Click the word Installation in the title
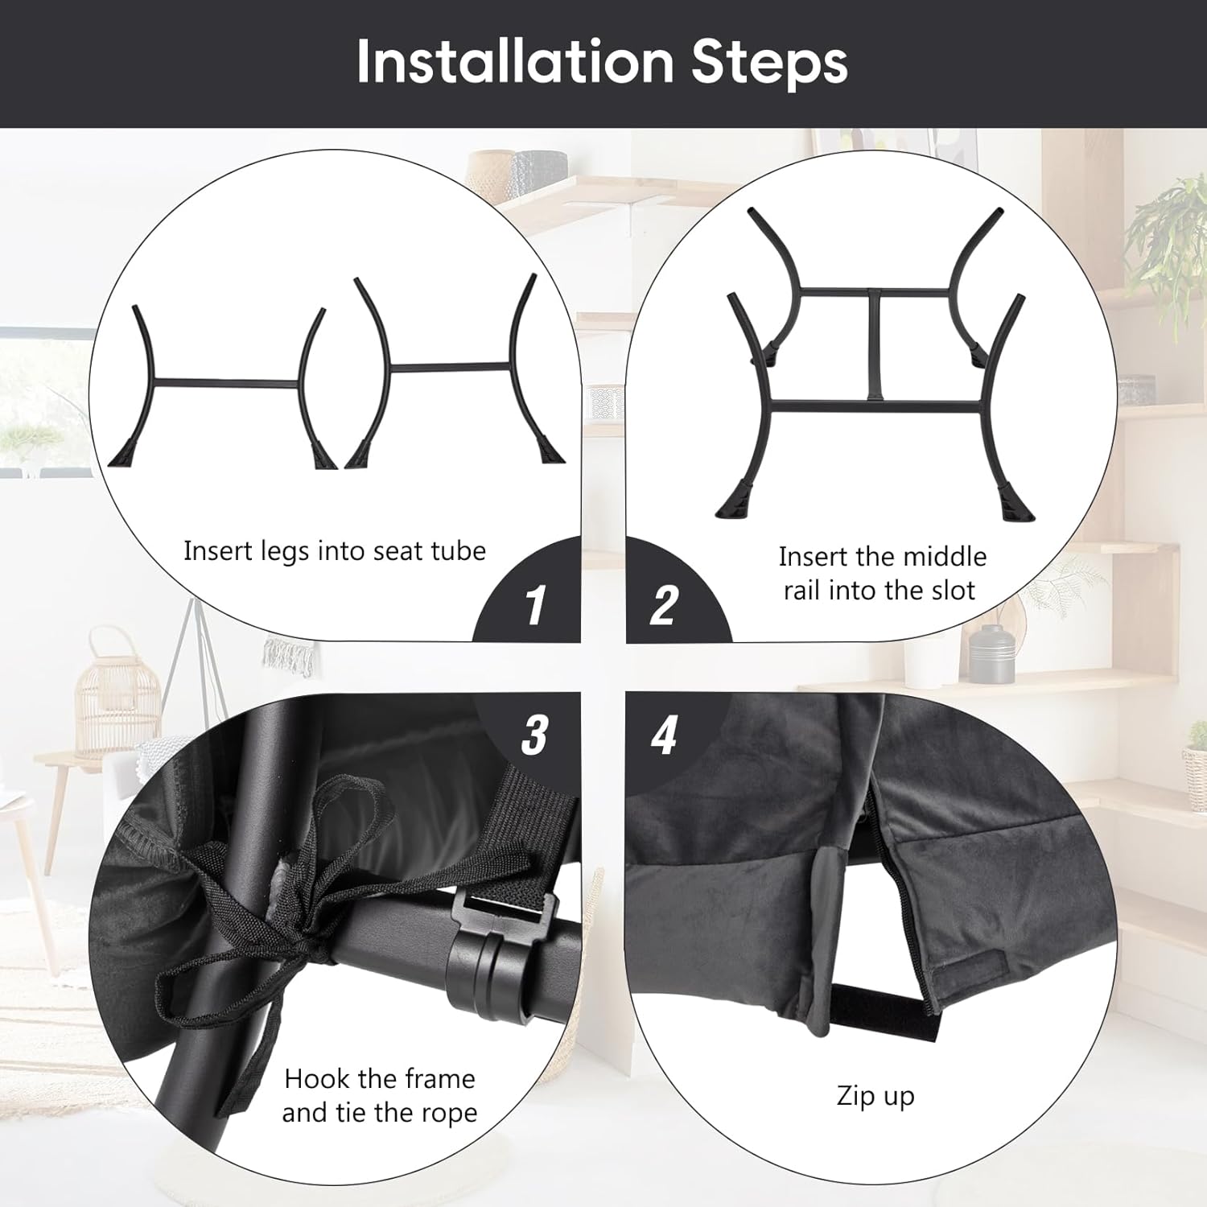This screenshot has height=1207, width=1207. [515, 62]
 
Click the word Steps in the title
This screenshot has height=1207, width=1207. [769, 62]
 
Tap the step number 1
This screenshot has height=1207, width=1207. [535, 605]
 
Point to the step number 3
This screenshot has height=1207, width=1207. [535, 734]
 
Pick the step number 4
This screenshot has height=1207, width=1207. [664, 734]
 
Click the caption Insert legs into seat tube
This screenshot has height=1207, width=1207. [335, 551]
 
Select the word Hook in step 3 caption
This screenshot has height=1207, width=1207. [317, 1078]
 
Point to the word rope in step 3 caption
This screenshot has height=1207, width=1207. [447, 1113]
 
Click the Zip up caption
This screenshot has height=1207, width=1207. [875, 1096]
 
